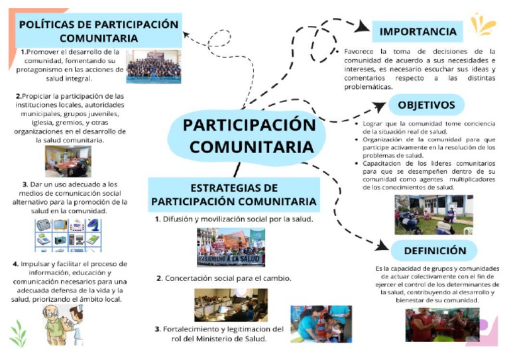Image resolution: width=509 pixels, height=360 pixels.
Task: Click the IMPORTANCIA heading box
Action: [418, 31]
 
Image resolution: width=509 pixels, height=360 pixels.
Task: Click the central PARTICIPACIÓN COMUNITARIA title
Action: [248, 135]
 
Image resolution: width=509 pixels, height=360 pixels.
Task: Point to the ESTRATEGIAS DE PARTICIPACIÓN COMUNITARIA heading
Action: [233, 194]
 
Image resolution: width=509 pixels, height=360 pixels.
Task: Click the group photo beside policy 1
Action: [153, 67]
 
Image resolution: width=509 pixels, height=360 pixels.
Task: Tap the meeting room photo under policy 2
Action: [68, 161]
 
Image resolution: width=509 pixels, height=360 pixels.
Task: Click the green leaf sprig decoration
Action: [18, 329]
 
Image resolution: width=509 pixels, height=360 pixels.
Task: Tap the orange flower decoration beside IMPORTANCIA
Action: [482, 25]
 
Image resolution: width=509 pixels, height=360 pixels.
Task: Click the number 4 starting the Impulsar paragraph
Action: [15, 264]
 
